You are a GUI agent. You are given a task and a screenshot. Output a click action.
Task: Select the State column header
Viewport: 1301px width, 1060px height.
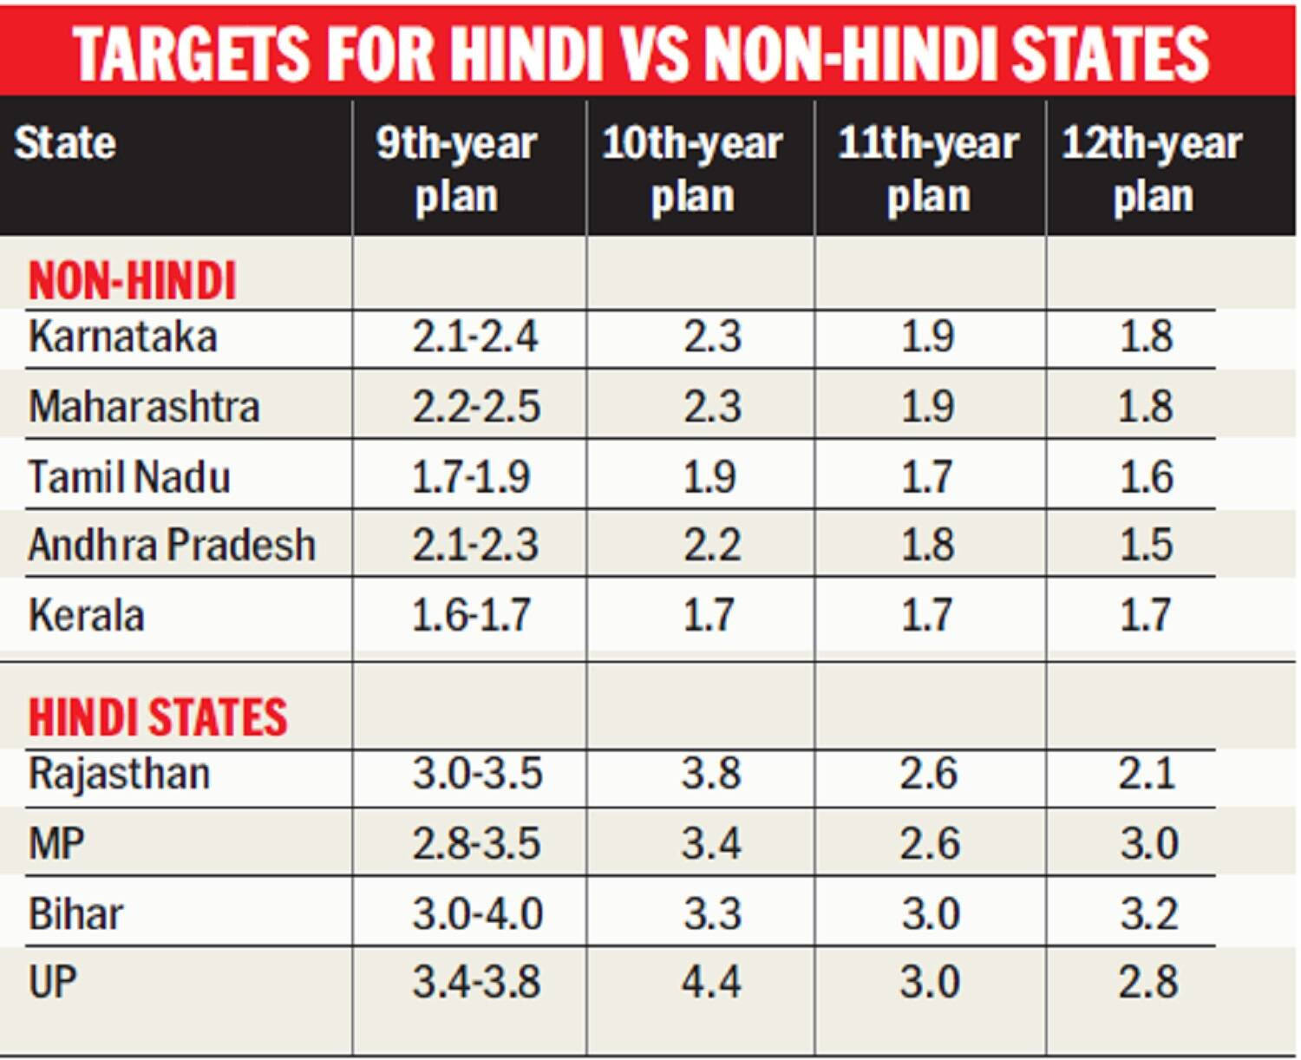pyautogui.click(x=65, y=144)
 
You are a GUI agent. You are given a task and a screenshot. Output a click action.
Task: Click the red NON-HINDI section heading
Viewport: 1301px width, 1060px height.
pyautogui.click(x=132, y=280)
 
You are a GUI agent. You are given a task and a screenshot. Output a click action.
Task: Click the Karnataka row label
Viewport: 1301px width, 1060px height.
pyautogui.click(x=123, y=337)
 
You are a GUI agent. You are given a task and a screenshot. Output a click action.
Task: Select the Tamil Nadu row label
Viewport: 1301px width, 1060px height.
pyautogui.click(x=129, y=476)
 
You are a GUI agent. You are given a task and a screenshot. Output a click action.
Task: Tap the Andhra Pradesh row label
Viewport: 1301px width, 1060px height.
pyautogui.click(x=172, y=545)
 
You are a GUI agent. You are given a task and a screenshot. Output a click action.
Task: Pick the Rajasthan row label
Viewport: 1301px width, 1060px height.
pyautogui.click(x=119, y=774)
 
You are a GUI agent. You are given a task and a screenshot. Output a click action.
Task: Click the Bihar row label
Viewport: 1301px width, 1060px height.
pyautogui.click(x=75, y=914)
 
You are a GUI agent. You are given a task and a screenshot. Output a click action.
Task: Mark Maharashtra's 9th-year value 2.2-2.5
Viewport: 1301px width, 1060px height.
pyautogui.click(x=476, y=406)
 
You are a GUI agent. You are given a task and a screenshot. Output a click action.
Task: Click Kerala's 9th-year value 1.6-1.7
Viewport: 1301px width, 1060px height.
pyautogui.click(x=472, y=615)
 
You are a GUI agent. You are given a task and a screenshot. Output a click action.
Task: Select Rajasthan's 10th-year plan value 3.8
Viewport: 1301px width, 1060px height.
pyautogui.click(x=711, y=773)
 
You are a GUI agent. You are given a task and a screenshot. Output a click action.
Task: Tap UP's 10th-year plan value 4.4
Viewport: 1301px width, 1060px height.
pyautogui.click(x=711, y=982)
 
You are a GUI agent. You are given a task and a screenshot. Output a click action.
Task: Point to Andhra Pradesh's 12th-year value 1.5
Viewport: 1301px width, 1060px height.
pyautogui.click(x=1147, y=545)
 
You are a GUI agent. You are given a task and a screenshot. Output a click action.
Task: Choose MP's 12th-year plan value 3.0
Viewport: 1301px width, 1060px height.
pyautogui.click(x=1149, y=844)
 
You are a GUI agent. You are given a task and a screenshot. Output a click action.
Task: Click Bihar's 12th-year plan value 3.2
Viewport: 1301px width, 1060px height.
pyautogui.click(x=1149, y=914)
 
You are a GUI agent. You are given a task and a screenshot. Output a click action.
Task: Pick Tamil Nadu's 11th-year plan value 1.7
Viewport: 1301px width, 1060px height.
pyautogui.click(x=926, y=476)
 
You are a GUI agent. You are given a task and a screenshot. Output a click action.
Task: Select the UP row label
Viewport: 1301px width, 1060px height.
pyautogui.click(x=53, y=982)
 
